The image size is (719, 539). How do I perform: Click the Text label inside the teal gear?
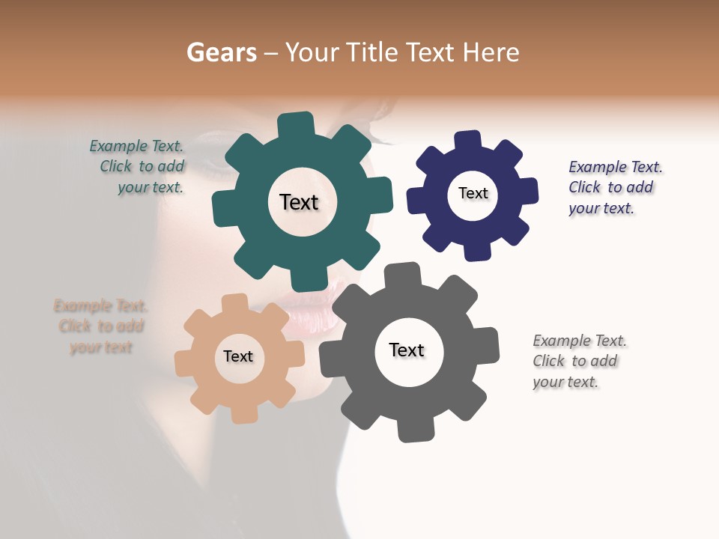[299, 202]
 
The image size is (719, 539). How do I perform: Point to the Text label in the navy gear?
[473, 194]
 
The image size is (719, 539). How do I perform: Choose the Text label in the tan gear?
[237, 357]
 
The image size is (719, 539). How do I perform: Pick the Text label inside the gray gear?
[407, 350]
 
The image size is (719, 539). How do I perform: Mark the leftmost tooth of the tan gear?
[184, 363]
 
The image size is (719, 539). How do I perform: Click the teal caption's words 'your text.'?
[151, 188]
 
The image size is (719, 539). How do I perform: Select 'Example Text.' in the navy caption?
[615, 167]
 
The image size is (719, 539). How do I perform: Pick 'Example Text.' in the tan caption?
[100, 306]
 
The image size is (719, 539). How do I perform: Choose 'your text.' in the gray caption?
[565, 382]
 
